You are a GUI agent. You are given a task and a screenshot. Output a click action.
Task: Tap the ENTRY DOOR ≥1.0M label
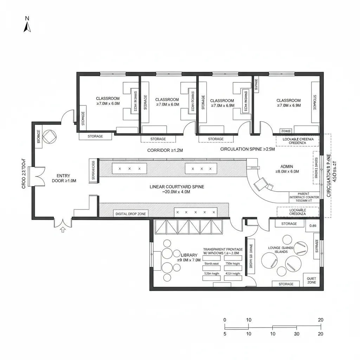pyautogui.click(x=64, y=178)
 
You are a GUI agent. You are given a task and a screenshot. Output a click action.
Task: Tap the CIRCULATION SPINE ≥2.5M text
pyautogui.click(x=247, y=149)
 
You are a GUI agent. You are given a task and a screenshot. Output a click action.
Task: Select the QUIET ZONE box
pyautogui.click(x=311, y=281)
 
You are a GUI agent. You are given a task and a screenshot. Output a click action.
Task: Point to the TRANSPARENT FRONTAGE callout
pyautogui.click(x=223, y=251)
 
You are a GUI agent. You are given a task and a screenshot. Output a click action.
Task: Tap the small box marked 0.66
pyautogui.click(x=313, y=226)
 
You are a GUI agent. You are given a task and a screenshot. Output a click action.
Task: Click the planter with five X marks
pyautogui.click(x=196, y=212)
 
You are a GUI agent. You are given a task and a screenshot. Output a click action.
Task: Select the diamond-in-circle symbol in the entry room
pyautogui.click(x=49, y=136)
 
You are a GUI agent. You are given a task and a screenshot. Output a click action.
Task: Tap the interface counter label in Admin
pyautogui.click(x=304, y=197)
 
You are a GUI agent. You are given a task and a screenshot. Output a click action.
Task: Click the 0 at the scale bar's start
pyautogui.click(x=225, y=320)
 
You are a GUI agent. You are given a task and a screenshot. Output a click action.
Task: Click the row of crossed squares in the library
pyautogui.click(x=189, y=227)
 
